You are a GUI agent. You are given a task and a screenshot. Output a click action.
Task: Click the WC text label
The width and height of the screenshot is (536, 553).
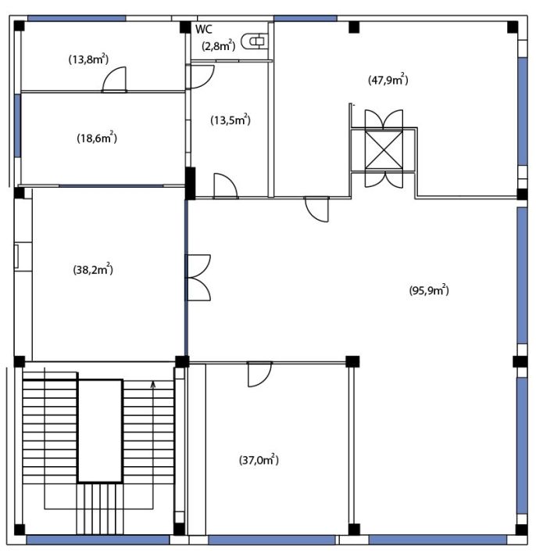point(204,29)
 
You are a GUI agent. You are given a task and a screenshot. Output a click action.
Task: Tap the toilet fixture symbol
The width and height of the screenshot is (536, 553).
point(254,41)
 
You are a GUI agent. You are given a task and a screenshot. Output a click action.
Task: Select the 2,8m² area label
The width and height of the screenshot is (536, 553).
point(219,45)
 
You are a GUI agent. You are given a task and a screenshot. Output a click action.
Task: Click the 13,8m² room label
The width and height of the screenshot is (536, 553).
point(88,59)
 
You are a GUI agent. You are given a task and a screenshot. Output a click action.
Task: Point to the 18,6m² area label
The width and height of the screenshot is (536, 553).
point(97,138)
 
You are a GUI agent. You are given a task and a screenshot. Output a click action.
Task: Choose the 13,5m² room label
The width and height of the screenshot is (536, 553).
point(230,120)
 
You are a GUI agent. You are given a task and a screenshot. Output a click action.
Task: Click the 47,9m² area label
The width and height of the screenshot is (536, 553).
point(388,80)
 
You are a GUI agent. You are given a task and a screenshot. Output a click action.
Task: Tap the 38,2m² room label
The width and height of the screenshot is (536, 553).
point(93,270)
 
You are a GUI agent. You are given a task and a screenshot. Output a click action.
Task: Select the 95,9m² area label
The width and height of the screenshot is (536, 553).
point(429,290)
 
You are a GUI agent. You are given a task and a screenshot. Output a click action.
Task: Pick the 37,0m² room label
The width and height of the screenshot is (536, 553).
point(259,460)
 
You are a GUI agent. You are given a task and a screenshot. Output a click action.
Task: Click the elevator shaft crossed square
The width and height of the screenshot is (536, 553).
point(384,150)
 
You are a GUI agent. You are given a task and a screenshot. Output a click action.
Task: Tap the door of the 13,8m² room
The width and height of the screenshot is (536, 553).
point(114,80)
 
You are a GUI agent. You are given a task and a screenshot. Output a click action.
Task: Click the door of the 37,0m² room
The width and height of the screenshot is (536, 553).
point(259,374)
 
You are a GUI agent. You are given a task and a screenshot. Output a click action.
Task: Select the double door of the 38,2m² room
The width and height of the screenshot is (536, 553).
point(198,278)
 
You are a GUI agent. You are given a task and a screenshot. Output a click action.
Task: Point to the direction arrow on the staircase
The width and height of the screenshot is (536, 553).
point(153,385)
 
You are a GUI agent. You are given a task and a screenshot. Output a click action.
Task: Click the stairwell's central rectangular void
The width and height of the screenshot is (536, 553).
point(100,431)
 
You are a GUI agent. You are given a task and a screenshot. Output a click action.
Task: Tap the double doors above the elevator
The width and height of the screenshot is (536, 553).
point(384,119)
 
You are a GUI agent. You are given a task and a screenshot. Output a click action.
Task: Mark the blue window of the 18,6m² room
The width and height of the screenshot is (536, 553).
point(17,126)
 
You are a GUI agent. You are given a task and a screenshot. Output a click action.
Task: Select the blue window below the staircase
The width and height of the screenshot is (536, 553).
point(98,540)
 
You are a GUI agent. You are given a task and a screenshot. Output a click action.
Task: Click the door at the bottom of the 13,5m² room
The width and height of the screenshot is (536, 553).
point(226,186)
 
